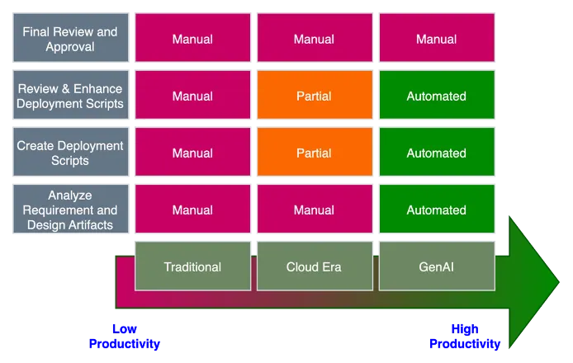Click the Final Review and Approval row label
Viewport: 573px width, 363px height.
point(71,39)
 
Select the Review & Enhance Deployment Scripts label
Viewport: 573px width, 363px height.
point(71,96)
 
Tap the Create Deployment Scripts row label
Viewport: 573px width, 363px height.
point(71,153)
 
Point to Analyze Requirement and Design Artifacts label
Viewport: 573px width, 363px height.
point(71,210)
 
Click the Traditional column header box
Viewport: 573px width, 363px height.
point(192,266)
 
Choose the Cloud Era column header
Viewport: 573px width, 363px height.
point(315,266)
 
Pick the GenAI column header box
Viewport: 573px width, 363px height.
point(436,266)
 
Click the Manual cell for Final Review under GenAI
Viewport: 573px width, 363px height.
point(436,39)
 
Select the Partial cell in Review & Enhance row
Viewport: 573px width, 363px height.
point(315,96)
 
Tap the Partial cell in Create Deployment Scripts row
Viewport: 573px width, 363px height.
point(315,153)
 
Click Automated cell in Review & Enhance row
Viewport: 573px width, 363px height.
point(436,96)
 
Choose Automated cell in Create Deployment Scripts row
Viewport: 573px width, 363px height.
point(436,153)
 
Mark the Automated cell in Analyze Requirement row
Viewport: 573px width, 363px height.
point(436,210)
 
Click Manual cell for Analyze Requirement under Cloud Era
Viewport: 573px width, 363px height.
point(315,210)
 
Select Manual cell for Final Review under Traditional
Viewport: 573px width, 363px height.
point(192,39)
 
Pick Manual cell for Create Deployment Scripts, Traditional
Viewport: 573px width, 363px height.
point(192,153)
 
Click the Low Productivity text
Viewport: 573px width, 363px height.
point(125,336)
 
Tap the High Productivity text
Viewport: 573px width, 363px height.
point(465,336)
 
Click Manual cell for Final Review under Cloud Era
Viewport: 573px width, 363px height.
point(315,39)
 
